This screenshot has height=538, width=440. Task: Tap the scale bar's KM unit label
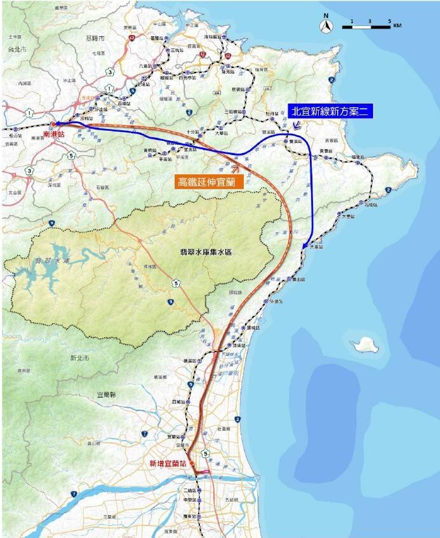pyautogui.click(x=397, y=25)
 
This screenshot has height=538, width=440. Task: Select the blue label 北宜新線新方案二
pyautogui.click(x=330, y=111)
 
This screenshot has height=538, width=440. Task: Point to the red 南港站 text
pyautogui.click(x=53, y=135)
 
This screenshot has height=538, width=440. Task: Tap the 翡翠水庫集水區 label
pyautogui.click(x=206, y=252)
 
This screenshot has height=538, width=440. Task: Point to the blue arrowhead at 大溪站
pyautogui.click(x=305, y=246)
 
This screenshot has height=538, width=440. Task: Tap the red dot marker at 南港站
pyautogui.click(x=53, y=124)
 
